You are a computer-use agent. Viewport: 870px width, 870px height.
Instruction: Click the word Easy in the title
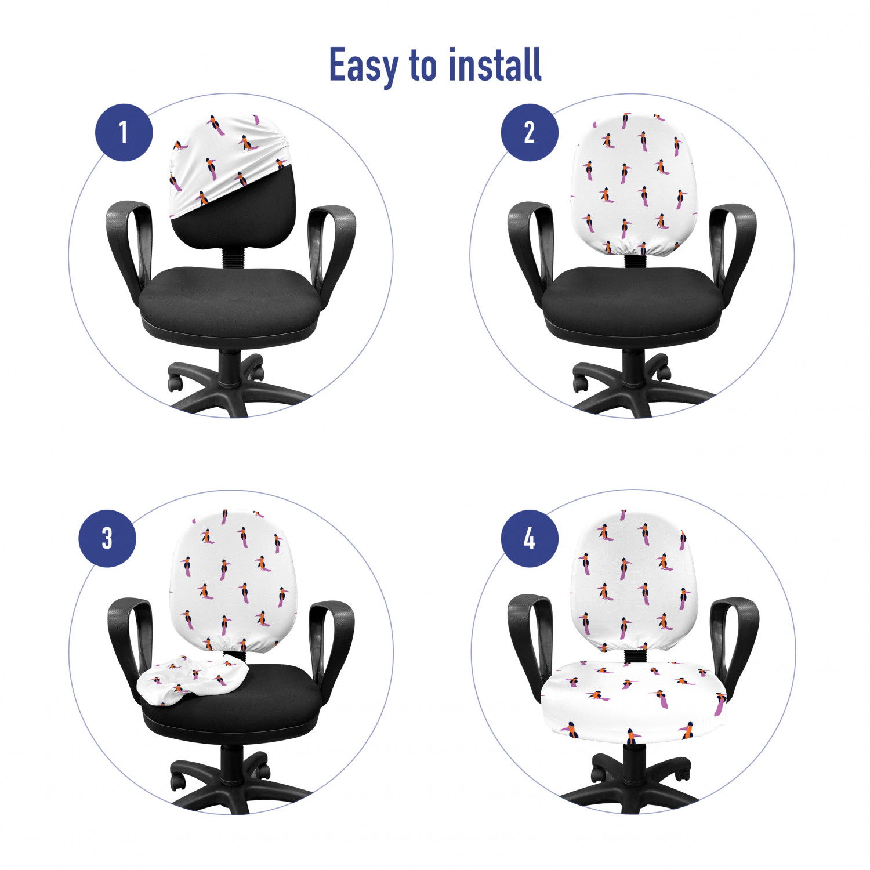(x=364, y=66)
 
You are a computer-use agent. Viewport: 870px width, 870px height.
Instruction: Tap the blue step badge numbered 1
(x=124, y=132)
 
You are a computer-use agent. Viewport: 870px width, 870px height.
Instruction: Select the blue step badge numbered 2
(x=530, y=132)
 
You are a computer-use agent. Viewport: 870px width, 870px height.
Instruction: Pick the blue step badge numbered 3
(x=107, y=538)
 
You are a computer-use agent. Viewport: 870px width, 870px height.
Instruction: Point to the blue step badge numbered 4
(x=530, y=538)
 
